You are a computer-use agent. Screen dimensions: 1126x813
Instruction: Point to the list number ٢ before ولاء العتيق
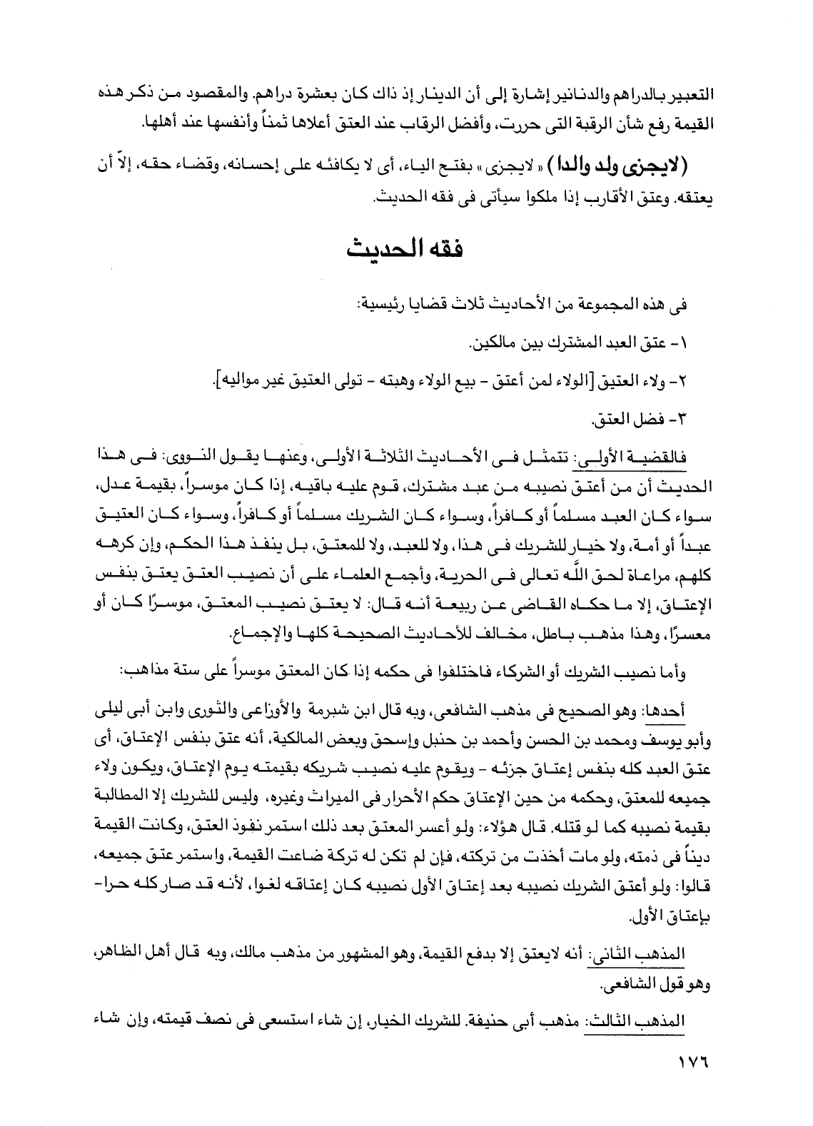[x=686, y=381]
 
